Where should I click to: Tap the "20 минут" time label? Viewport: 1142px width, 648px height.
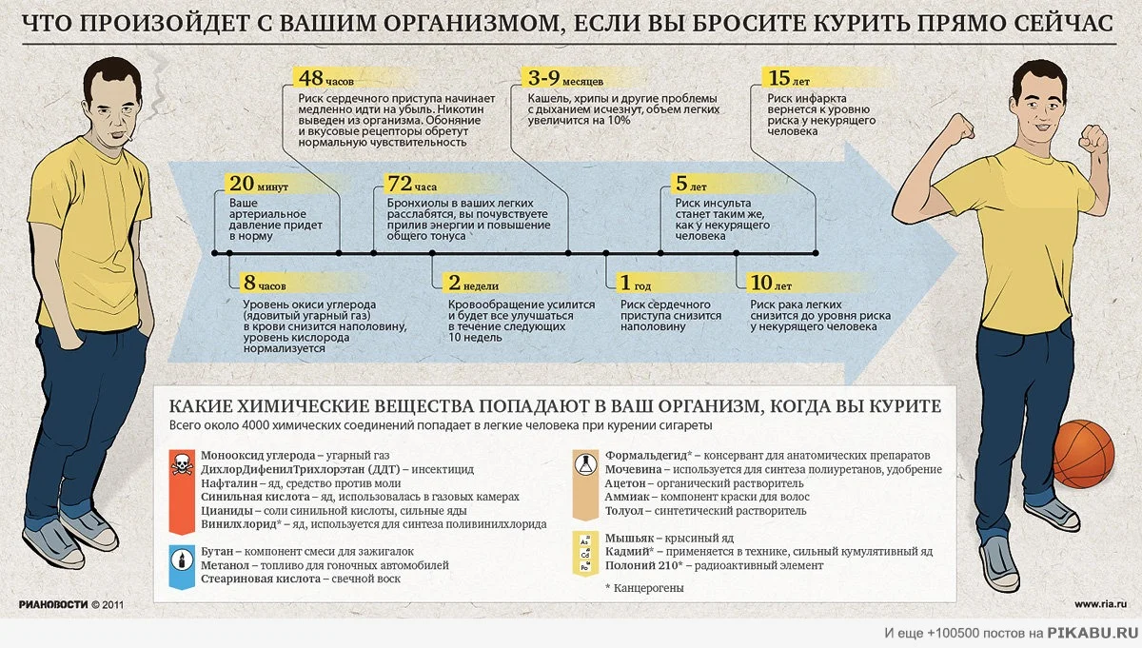click(x=258, y=185)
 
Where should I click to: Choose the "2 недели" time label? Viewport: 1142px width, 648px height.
click(x=472, y=284)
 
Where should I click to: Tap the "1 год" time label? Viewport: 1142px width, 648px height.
click(x=635, y=284)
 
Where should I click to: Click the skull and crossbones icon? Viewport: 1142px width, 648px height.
click(x=181, y=464)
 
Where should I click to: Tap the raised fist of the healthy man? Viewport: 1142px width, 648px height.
click(x=1095, y=139)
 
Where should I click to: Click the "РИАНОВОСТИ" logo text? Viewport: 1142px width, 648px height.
click(x=53, y=604)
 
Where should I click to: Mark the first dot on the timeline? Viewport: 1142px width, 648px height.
click(x=216, y=253)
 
